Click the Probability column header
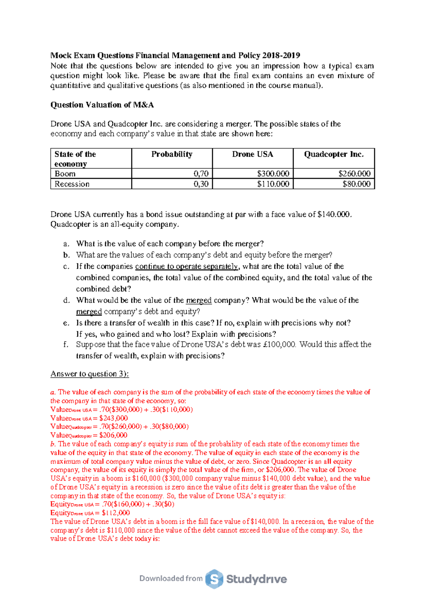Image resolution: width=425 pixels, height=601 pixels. (172, 154)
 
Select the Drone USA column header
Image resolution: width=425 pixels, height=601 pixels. (253, 154)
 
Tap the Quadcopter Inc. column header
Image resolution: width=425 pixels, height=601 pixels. (334, 154)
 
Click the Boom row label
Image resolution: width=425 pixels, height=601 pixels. (65, 174)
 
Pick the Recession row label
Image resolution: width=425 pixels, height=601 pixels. (72, 184)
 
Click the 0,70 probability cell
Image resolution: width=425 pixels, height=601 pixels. (201, 174)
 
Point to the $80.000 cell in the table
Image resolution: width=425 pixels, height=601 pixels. (356, 184)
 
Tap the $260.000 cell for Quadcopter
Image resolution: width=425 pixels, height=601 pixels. (354, 174)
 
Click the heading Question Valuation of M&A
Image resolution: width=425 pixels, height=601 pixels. (102, 105)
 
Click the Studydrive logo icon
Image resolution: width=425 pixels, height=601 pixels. (214, 579)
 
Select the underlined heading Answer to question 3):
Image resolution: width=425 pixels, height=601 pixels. (90, 374)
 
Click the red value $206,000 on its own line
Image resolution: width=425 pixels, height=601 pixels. (113, 435)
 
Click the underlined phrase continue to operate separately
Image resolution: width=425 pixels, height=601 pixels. (187, 267)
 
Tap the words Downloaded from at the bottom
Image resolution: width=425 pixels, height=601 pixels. (171, 578)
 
